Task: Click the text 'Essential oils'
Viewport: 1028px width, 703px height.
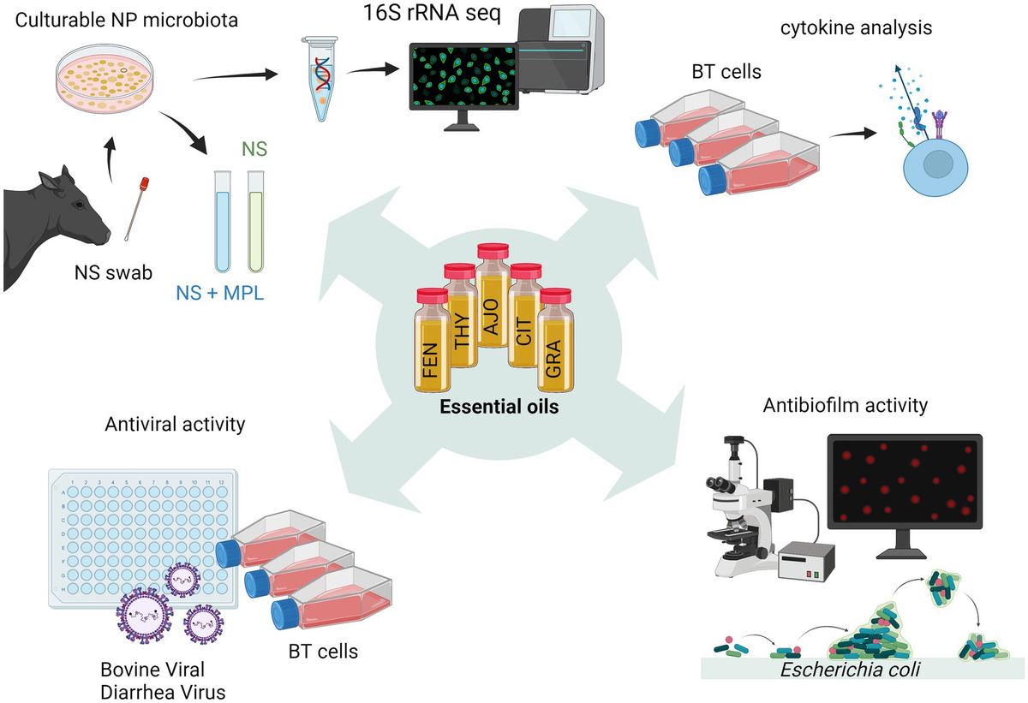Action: pyautogui.click(x=499, y=408)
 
